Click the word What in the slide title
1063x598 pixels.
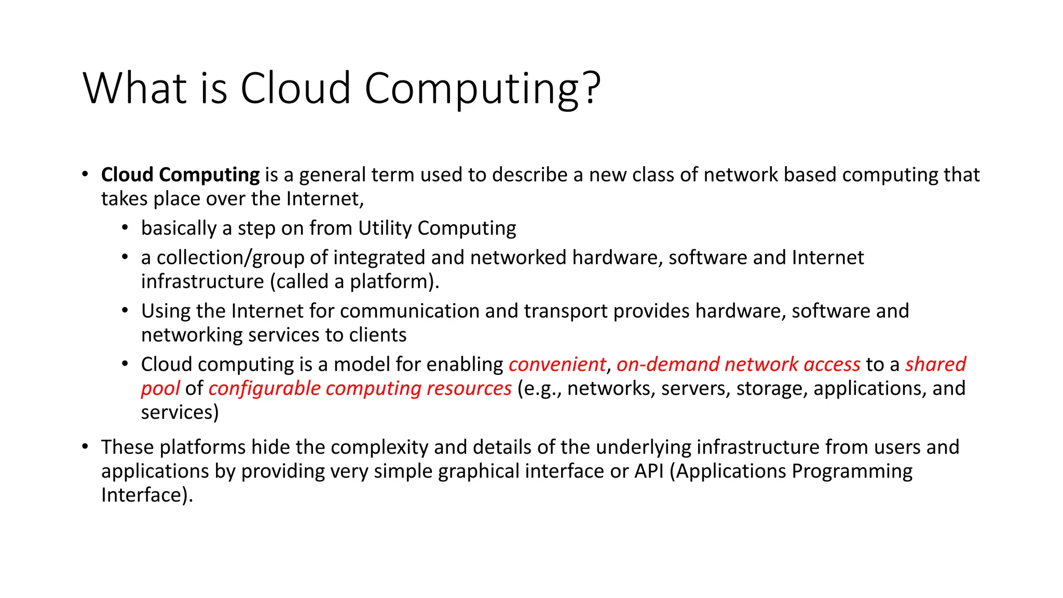click(x=134, y=88)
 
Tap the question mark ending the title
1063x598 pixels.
click(x=591, y=88)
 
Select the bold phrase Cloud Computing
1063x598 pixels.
click(x=180, y=175)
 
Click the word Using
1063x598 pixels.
click(x=166, y=311)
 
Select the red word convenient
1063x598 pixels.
click(x=557, y=364)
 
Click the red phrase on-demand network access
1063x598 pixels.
click(x=738, y=364)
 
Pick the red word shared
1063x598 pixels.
click(x=935, y=364)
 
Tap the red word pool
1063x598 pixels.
click(x=160, y=389)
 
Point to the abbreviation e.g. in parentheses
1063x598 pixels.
click(x=541, y=389)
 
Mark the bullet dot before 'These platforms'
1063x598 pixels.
click(x=85, y=446)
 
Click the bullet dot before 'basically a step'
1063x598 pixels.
click(x=125, y=227)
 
